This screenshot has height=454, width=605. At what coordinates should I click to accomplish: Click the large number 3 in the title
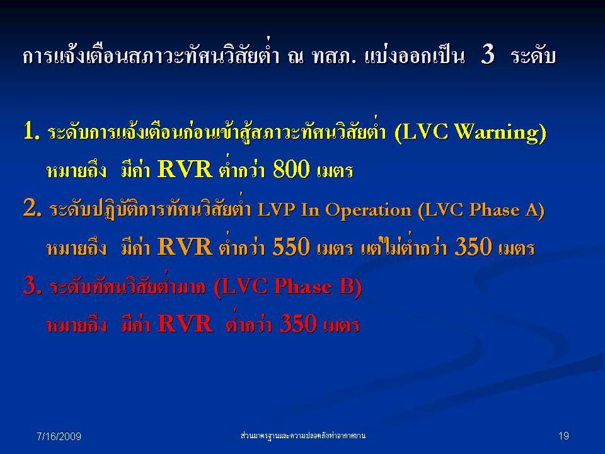pyautogui.click(x=488, y=54)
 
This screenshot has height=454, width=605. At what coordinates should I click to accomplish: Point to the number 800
pyautogui.click(x=291, y=169)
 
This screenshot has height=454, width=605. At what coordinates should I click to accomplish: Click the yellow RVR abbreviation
pyautogui.click(x=185, y=169)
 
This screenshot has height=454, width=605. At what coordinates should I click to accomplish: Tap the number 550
pyautogui.click(x=291, y=247)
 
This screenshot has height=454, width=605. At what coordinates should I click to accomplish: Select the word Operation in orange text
pyautogui.click(x=368, y=211)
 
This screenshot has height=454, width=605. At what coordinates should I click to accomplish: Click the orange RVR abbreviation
pyautogui.click(x=185, y=247)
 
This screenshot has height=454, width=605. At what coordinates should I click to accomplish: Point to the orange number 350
pyautogui.click(x=473, y=247)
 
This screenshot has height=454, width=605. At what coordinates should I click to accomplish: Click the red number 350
pyautogui.click(x=298, y=323)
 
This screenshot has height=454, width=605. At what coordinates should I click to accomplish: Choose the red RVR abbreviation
pyautogui.click(x=185, y=323)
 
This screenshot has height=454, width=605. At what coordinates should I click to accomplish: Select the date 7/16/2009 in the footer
pyautogui.click(x=59, y=436)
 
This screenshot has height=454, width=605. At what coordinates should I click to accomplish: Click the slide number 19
pyautogui.click(x=563, y=436)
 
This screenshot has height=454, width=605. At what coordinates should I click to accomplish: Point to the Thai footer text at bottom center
pyautogui.click(x=302, y=436)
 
